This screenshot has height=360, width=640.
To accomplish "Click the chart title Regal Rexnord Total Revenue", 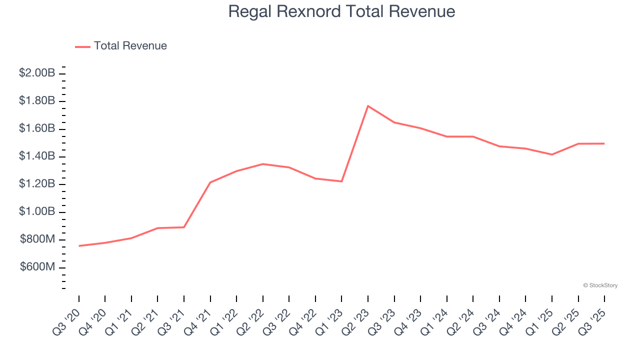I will (341, 11).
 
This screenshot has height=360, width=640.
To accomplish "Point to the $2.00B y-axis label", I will (37, 73).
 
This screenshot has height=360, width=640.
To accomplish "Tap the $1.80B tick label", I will (37, 101).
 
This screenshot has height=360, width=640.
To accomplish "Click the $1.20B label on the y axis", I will (37, 184).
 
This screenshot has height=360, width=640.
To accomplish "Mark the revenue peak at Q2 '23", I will (368, 106).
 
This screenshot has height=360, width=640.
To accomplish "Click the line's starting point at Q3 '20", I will (79, 246).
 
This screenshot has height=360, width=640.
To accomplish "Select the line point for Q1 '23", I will (341, 181).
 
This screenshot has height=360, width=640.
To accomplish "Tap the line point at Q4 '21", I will (210, 182).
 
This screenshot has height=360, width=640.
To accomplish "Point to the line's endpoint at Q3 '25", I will (604, 143).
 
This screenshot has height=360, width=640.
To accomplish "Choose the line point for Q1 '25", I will (552, 154).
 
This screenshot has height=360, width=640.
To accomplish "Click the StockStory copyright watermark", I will (600, 285).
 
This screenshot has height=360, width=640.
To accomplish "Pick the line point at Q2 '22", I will (263, 164).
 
